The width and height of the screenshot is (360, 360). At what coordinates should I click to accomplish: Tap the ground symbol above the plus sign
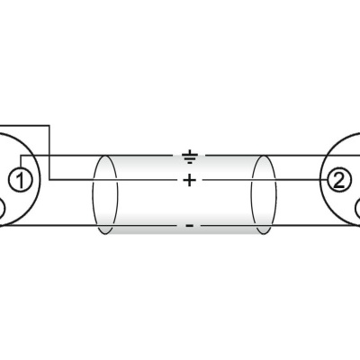click(x=189, y=158)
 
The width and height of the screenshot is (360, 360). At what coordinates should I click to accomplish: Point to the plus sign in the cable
click(x=189, y=181)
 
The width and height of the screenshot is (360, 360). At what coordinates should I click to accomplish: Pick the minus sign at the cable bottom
click(x=189, y=226)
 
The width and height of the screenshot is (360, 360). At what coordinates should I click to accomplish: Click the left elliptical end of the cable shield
click(x=105, y=194)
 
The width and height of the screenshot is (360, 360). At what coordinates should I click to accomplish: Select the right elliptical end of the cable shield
click(x=263, y=194)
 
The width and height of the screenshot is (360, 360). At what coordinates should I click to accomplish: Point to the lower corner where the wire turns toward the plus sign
click(x=49, y=181)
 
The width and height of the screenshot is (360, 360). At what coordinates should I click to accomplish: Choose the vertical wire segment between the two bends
click(x=49, y=153)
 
